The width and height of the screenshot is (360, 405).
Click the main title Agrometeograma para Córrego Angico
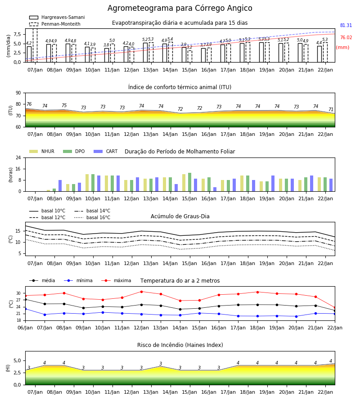coord(180,8)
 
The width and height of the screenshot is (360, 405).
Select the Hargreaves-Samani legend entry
coord(57,17)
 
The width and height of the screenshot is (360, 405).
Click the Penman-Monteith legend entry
coord(55,24)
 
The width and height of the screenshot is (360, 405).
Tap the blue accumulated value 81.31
coord(346,25)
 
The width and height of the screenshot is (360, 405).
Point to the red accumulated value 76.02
coord(346,37)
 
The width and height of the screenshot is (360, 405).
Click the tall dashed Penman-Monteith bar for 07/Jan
coord(35,45)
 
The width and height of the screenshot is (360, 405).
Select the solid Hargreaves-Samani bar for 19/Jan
coord(261,52)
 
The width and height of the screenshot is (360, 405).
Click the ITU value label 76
coord(29,104)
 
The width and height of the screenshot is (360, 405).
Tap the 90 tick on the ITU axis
coord(18,93)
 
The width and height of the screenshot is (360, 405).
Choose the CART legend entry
coord(106,151)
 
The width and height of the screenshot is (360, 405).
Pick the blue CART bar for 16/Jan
coord(215,189)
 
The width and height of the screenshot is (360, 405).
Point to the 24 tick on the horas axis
coord(18,157)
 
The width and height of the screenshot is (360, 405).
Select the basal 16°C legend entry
coord(92,217)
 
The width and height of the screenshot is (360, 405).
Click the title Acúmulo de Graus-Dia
coord(180,216)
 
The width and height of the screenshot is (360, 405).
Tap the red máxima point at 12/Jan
coord(141,292)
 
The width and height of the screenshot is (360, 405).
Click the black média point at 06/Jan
coord(25,299)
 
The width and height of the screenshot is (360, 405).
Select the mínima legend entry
coord(78,280)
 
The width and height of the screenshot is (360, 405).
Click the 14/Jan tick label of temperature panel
coord(180,328)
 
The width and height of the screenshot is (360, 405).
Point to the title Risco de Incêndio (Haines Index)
coord(180,345)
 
